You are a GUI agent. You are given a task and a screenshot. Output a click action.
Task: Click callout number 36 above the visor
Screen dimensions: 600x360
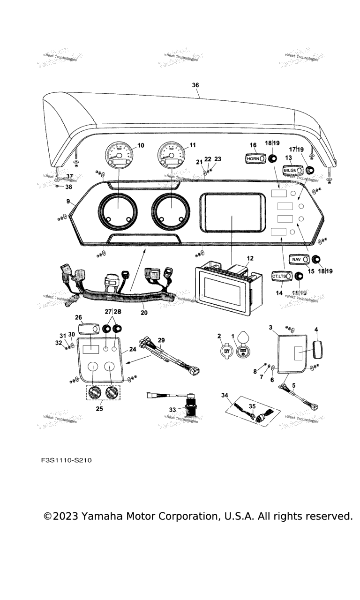tap(195, 85)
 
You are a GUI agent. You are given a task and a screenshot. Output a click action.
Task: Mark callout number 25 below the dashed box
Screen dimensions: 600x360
tap(99, 409)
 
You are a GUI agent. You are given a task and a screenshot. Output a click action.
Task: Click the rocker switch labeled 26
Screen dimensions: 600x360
tap(90, 330)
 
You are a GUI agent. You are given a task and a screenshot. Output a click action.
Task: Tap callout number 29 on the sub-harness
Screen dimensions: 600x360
tap(161, 339)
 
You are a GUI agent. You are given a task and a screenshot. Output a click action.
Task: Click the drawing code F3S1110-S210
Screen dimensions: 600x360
tap(66, 460)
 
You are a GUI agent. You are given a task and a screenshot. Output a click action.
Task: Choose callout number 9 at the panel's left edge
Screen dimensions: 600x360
tap(68, 202)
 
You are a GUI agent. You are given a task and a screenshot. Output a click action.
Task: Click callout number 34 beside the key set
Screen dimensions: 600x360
tap(226, 396)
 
